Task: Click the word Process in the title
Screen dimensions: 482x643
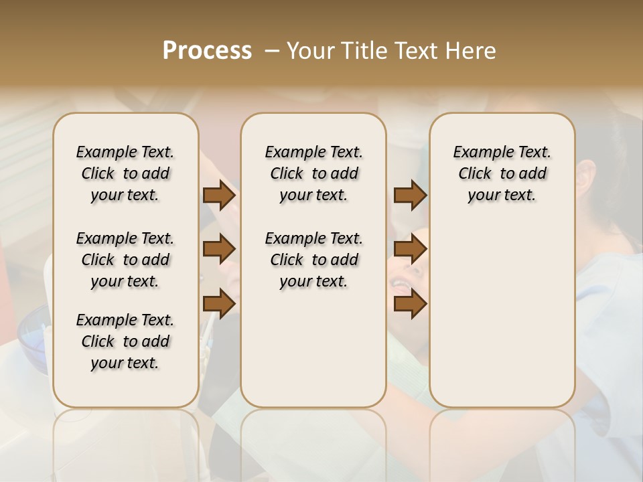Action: click(207, 51)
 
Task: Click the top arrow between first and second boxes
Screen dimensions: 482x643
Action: click(219, 195)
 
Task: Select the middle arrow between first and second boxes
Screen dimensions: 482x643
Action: click(219, 250)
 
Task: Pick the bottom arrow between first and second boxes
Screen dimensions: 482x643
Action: click(219, 303)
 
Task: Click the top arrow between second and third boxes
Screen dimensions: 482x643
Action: click(410, 195)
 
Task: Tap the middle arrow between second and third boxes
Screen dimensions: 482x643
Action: click(410, 250)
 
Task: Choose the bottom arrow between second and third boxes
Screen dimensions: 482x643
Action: click(410, 303)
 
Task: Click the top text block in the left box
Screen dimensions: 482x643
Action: click(125, 173)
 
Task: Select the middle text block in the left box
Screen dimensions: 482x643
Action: click(125, 260)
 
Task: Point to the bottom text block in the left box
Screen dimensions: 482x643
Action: click(125, 341)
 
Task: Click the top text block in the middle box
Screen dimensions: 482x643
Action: click(313, 173)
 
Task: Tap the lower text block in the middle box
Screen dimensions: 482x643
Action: click(313, 260)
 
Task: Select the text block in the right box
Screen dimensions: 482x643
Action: click(502, 173)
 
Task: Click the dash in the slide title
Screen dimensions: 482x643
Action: click(272, 51)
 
